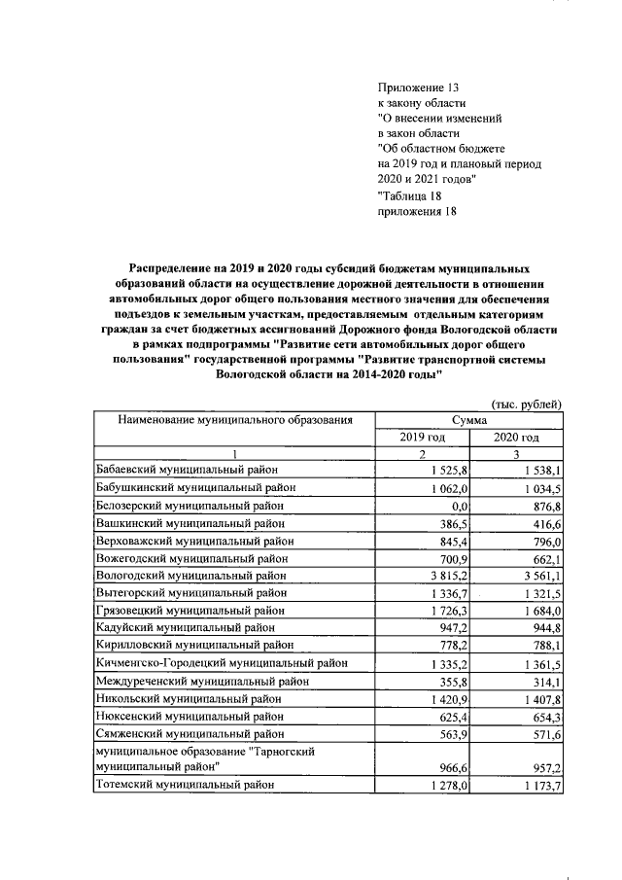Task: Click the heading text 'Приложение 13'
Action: coord(417,87)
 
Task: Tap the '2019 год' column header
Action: coord(423,438)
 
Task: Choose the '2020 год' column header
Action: coord(517,438)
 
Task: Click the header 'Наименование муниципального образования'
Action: coord(233,420)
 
